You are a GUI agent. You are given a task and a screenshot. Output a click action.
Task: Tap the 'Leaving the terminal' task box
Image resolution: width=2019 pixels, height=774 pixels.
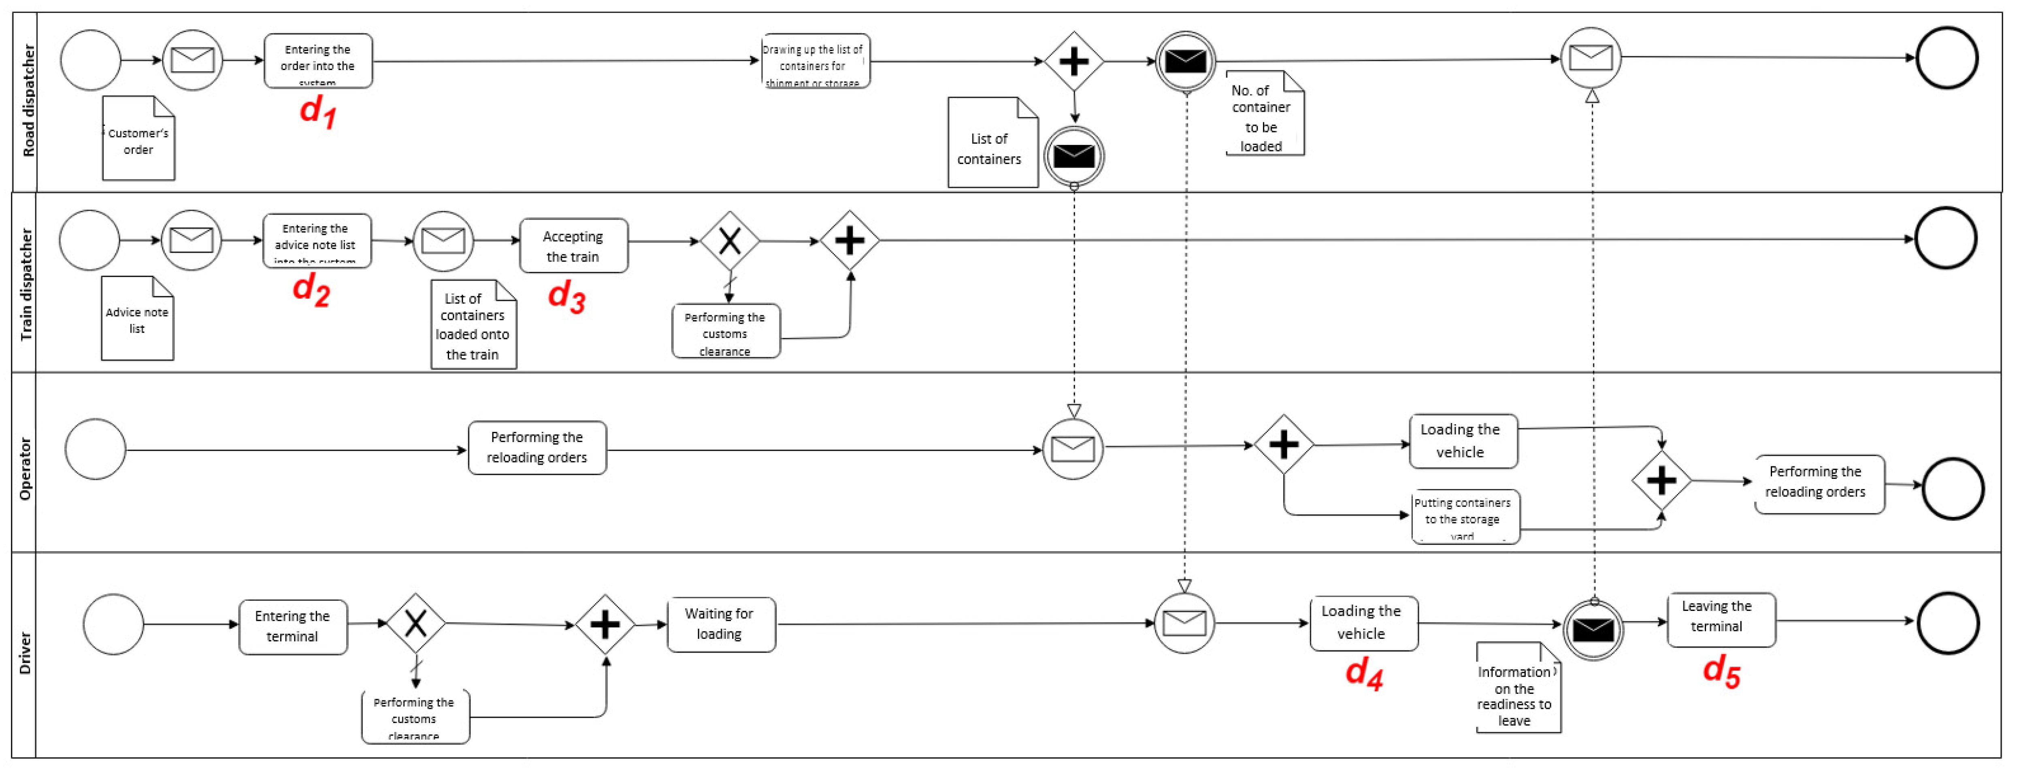(x=1721, y=619)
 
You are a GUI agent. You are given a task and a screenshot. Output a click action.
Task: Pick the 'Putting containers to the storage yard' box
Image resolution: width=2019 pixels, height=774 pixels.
(x=1465, y=517)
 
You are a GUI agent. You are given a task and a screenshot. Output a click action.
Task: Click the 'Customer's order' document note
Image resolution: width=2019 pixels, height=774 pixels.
(x=139, y=139)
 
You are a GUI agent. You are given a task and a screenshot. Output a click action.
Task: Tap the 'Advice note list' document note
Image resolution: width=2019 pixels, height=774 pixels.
(x=137, y=319)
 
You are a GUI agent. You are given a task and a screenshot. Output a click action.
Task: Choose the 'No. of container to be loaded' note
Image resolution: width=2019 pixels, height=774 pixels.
(x=1263, y=115)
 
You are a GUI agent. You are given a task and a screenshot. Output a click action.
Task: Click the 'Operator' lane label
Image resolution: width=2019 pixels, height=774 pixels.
(x=25, y=468)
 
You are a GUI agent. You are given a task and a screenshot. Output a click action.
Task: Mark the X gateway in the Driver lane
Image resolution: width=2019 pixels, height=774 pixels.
(x=415, y=623)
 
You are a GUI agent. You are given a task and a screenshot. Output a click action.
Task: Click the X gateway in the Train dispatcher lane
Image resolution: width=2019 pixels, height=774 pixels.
(x=730, y=241)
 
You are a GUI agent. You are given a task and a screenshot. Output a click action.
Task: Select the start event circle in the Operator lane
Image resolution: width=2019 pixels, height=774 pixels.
(x=96, y=450)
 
